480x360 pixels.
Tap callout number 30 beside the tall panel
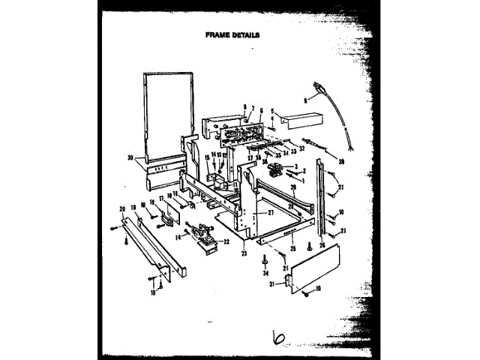coord(130,158)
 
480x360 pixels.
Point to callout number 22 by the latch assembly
coord(226,241)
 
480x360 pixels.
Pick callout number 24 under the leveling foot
coord(266,274)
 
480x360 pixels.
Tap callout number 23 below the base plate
coord(243,253)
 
